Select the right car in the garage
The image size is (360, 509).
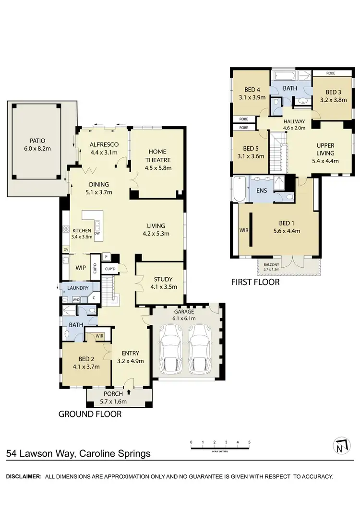[x=200, y=347]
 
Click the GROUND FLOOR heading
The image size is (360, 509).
[x=90, y=414]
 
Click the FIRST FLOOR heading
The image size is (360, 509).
[x=255, y=282]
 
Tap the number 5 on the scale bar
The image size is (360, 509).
[x=249, y=442]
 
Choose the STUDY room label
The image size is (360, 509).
[x=163, y=280]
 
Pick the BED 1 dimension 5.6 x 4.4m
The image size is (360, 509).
[x=286, y=231]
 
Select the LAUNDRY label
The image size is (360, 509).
[x=77, y=288]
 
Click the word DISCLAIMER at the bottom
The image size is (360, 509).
[x=23, y=476]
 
